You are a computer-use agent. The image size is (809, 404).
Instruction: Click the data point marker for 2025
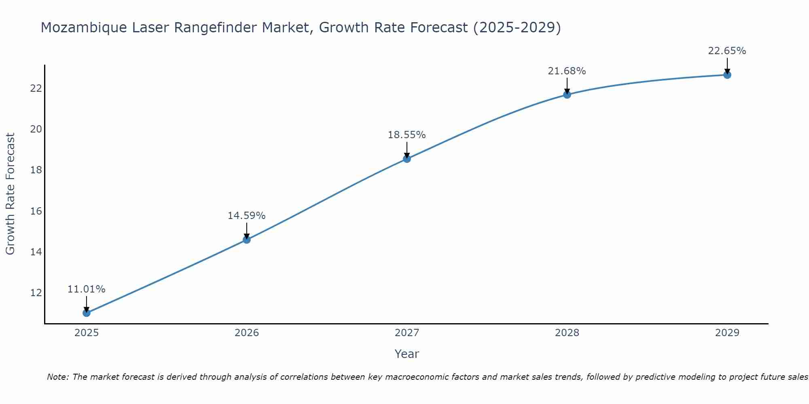tap(86, 313)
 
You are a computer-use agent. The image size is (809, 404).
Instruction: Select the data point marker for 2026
tap(246, 240)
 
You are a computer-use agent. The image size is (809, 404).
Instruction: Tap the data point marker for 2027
tap(407, 159)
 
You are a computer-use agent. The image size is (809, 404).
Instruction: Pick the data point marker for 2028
tap(567, 95)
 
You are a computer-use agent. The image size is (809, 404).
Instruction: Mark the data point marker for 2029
tap(727, 75)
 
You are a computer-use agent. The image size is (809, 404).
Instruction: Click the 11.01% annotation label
tap(86, 289)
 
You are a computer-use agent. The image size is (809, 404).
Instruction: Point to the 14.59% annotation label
tap(246, 216)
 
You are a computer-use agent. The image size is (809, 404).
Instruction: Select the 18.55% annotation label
tap(407, 135)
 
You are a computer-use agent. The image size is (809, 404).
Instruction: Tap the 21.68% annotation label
tap(567, 71)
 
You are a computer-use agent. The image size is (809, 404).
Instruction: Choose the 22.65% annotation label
tap(727, 51)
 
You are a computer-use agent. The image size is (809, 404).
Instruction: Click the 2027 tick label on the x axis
tap(407, 333)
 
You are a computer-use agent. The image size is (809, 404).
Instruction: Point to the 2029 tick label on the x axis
tap(727, 333)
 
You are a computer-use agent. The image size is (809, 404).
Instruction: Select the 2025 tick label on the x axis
tap(87, 333)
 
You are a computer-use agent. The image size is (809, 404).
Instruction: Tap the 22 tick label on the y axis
tap(36, 88)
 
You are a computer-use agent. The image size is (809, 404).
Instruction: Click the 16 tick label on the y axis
tap(36, 211)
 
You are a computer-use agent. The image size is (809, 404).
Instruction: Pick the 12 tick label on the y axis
tap(36, 292)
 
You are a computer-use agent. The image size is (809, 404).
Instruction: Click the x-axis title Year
tap(407, 354)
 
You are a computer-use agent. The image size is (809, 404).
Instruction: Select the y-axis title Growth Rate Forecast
tap(11, 194)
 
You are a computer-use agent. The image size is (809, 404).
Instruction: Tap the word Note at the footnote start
tap(58, 377)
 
